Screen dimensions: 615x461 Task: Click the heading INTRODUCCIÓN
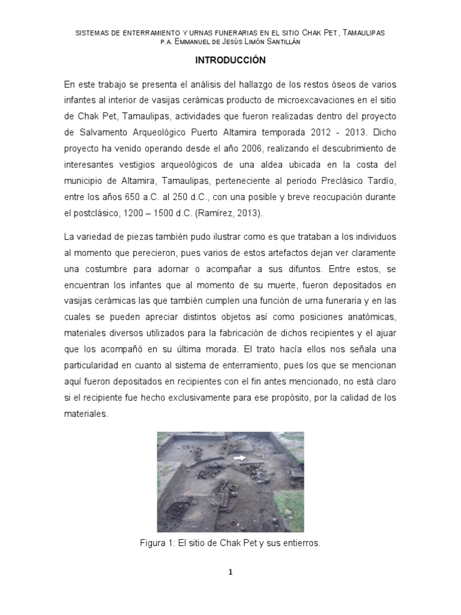[x=230, y=61]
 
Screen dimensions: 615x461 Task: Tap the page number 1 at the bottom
[x=230, y=572]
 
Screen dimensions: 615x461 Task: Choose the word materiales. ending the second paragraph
[x=86, y=413]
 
